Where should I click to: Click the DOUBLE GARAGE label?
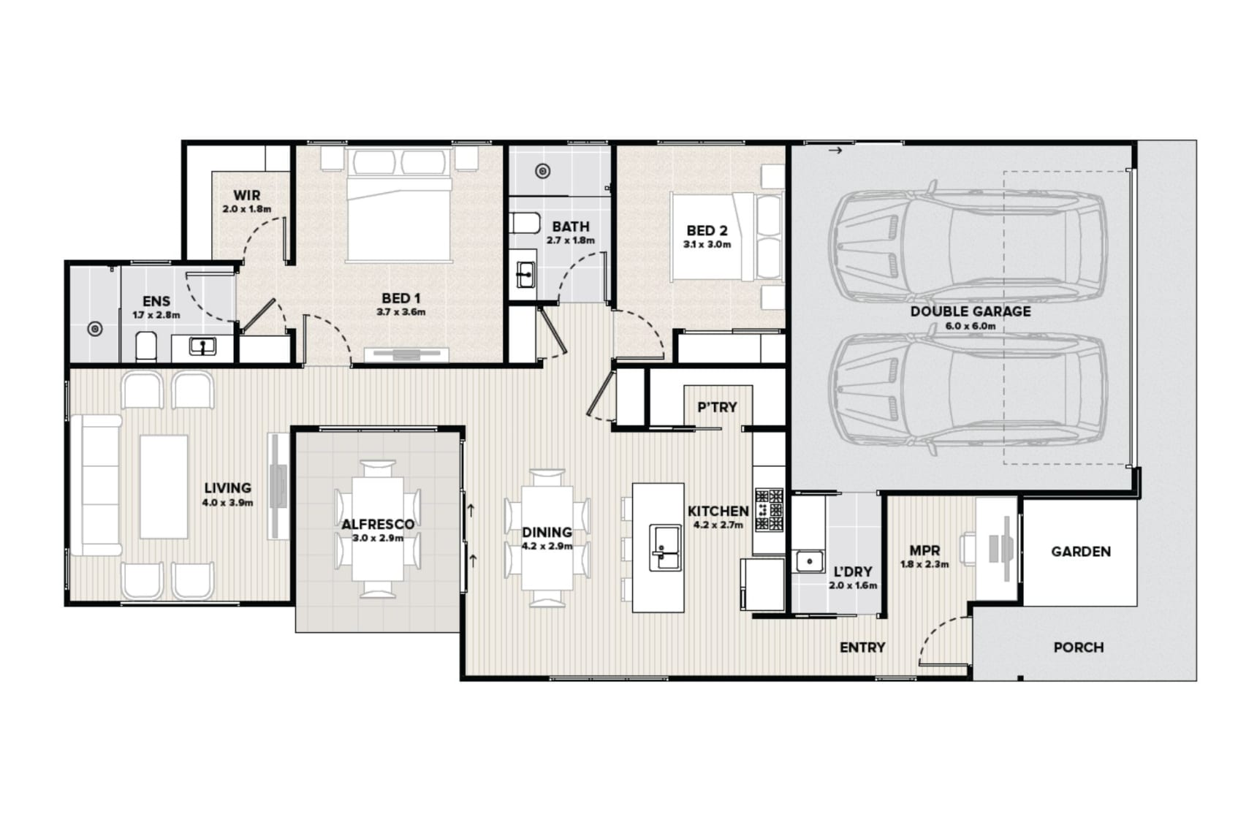pos(970,311)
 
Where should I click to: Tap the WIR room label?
pos(246,196)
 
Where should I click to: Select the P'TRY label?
pos(717,407)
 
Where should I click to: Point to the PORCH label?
pos(1078,647)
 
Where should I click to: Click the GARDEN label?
pos(1081,552)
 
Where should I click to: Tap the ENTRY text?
pos(862,647)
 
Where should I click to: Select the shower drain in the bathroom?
pos(542,172)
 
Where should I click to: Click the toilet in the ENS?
pos(146,346)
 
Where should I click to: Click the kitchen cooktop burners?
pos(769,509)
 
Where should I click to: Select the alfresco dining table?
pos(378,529)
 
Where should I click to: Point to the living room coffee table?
pos(164,487)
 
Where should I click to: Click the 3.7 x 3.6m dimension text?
pos(400,312)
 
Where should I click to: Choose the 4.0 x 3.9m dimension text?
pos(227,503)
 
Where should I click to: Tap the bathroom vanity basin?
pos(525,274)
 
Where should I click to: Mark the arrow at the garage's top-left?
pos(835,151)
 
